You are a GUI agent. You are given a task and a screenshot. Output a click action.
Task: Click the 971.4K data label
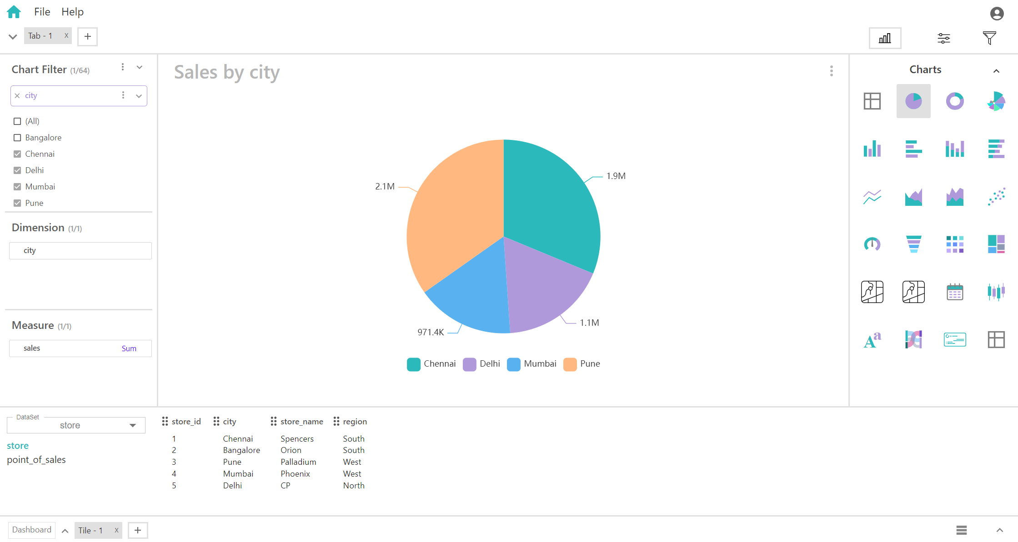430,332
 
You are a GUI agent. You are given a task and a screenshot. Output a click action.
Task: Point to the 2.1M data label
385,186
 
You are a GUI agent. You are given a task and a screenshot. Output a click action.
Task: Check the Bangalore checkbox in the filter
17,138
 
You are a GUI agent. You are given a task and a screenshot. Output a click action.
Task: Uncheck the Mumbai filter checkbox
17,187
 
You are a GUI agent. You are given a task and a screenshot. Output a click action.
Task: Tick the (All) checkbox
17,121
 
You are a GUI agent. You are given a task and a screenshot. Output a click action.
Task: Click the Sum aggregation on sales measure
129,348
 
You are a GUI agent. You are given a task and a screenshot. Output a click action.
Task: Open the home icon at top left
14,12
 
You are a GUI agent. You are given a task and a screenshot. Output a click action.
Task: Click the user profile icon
997,14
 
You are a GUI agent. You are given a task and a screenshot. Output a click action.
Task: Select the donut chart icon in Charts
955,101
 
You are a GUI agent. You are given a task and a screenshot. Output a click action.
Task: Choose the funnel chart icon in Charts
913,244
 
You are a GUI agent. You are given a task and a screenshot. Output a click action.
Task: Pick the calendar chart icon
955,292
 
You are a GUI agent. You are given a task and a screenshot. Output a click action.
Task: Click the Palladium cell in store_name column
298,462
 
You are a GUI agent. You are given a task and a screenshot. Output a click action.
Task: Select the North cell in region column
354,486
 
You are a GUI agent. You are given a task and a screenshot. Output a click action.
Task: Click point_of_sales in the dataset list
36,460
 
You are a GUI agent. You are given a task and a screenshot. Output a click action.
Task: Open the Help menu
72,12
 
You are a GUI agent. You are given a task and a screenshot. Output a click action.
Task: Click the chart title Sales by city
227,72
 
